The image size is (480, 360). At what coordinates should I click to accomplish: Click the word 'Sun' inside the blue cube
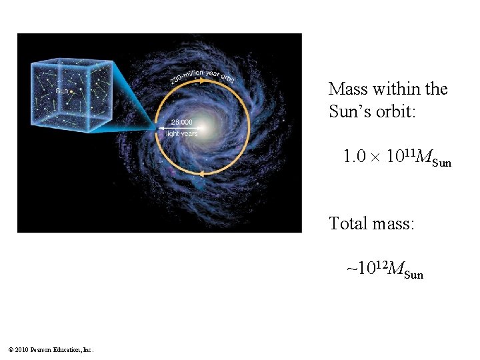pyautogui.click(x=61, y=91)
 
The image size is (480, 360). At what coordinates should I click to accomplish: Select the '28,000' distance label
pyautogui.click(x=181, y=122)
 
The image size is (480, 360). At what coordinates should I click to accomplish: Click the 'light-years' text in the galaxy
pyautogui.click(x=181, y=134)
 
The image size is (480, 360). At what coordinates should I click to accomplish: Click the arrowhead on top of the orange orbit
pyautogui.click(x=198, y=79)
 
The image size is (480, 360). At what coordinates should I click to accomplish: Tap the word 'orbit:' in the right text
pyautogui.click(x=397, y=111)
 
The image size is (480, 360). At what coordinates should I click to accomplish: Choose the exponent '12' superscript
pyautogui.click(x=380, y=265)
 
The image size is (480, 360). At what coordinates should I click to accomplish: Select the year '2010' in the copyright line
pyautogui.click(x=20, y=349)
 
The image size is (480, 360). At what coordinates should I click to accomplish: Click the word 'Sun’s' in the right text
pyautogui.click(x=348, y=111)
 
